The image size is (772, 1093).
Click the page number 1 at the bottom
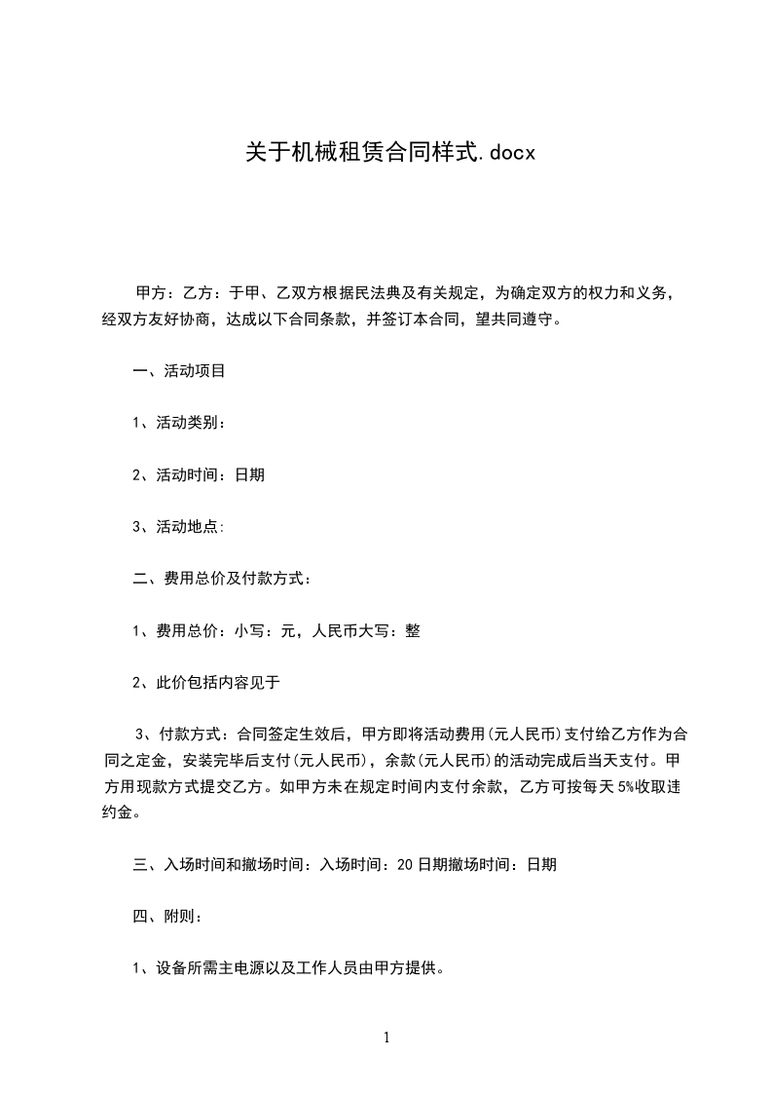point(386,1037)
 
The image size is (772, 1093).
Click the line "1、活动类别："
point(179,423)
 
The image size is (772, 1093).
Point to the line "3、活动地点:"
point(179,527)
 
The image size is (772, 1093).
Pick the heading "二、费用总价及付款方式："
point(222,579)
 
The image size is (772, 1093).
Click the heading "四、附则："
point(167,917)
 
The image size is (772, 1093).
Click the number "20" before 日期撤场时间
point(407,864)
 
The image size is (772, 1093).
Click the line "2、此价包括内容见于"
point(206,683)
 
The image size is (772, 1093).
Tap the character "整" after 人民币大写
point(413,631)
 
